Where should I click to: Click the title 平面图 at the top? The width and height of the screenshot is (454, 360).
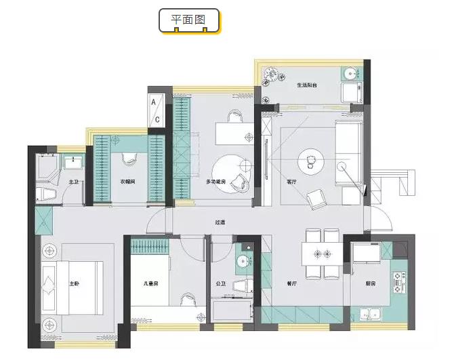(190, 20)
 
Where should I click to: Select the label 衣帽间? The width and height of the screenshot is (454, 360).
(128, 182)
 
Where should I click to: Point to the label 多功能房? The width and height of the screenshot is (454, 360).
(216, 182)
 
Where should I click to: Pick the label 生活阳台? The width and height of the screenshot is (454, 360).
(306, 85)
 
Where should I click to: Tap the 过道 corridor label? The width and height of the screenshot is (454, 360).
(220, 222)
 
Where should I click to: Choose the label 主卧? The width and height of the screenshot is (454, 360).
(75, 284)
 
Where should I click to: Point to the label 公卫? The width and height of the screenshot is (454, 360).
(220, 284)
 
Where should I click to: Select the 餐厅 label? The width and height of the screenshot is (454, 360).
(291, 284)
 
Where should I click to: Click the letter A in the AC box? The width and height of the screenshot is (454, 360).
(155, 102)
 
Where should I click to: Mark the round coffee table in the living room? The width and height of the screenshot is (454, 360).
(311, 161)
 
